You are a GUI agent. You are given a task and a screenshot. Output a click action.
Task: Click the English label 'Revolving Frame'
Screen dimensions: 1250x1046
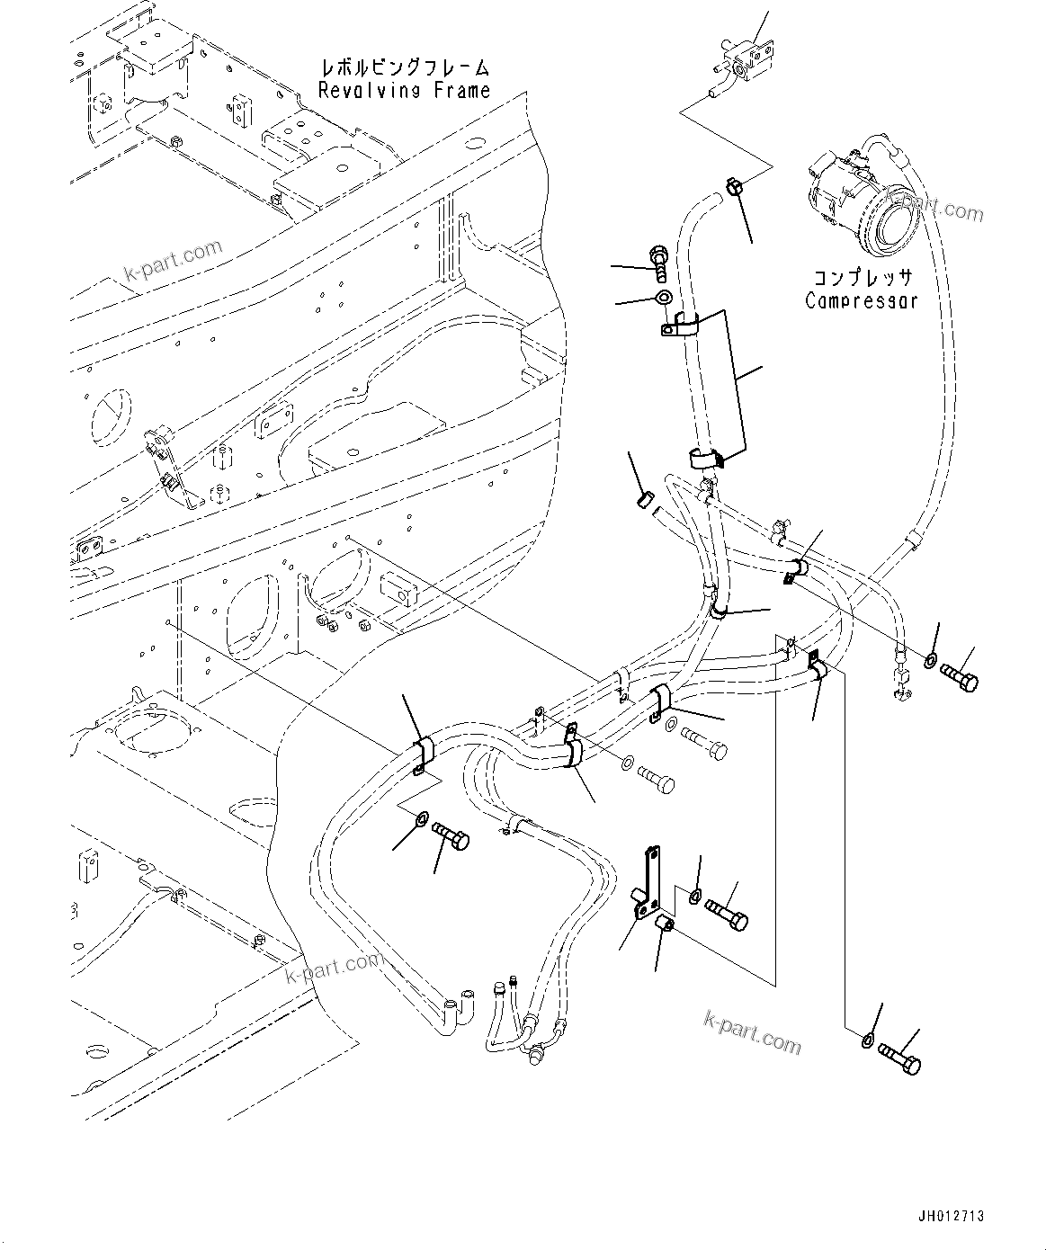coord(405,90)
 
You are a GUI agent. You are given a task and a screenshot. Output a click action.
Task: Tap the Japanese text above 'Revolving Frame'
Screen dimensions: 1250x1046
coord(405,67)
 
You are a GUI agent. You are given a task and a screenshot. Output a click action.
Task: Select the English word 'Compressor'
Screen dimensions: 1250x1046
coord(862,300)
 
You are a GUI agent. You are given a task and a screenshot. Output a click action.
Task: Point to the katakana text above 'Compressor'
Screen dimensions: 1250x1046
coord(862,278)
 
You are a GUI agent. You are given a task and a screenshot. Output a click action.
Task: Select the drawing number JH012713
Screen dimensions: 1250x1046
coord(952,1216)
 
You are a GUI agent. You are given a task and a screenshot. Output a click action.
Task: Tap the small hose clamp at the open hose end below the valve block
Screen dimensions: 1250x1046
coord(733,187)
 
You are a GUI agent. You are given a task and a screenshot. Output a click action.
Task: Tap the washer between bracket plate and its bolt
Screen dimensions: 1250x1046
coord(694,896)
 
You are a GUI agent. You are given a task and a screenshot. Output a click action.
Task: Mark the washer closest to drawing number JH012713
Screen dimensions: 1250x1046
coord(865,1040)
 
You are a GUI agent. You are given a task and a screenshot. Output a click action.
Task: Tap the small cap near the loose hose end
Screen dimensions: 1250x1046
coord(644,498)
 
